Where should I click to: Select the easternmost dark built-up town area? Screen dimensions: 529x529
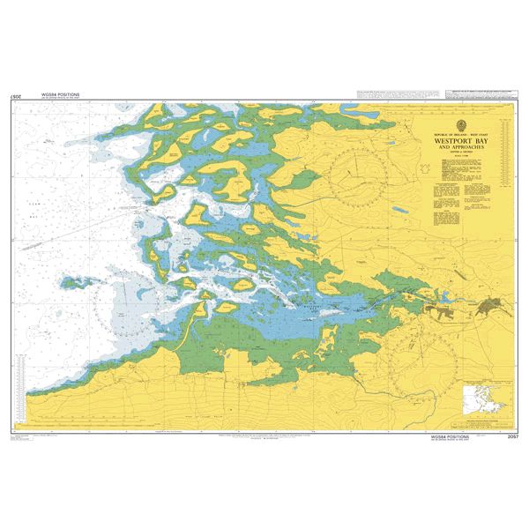coord(492,306)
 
